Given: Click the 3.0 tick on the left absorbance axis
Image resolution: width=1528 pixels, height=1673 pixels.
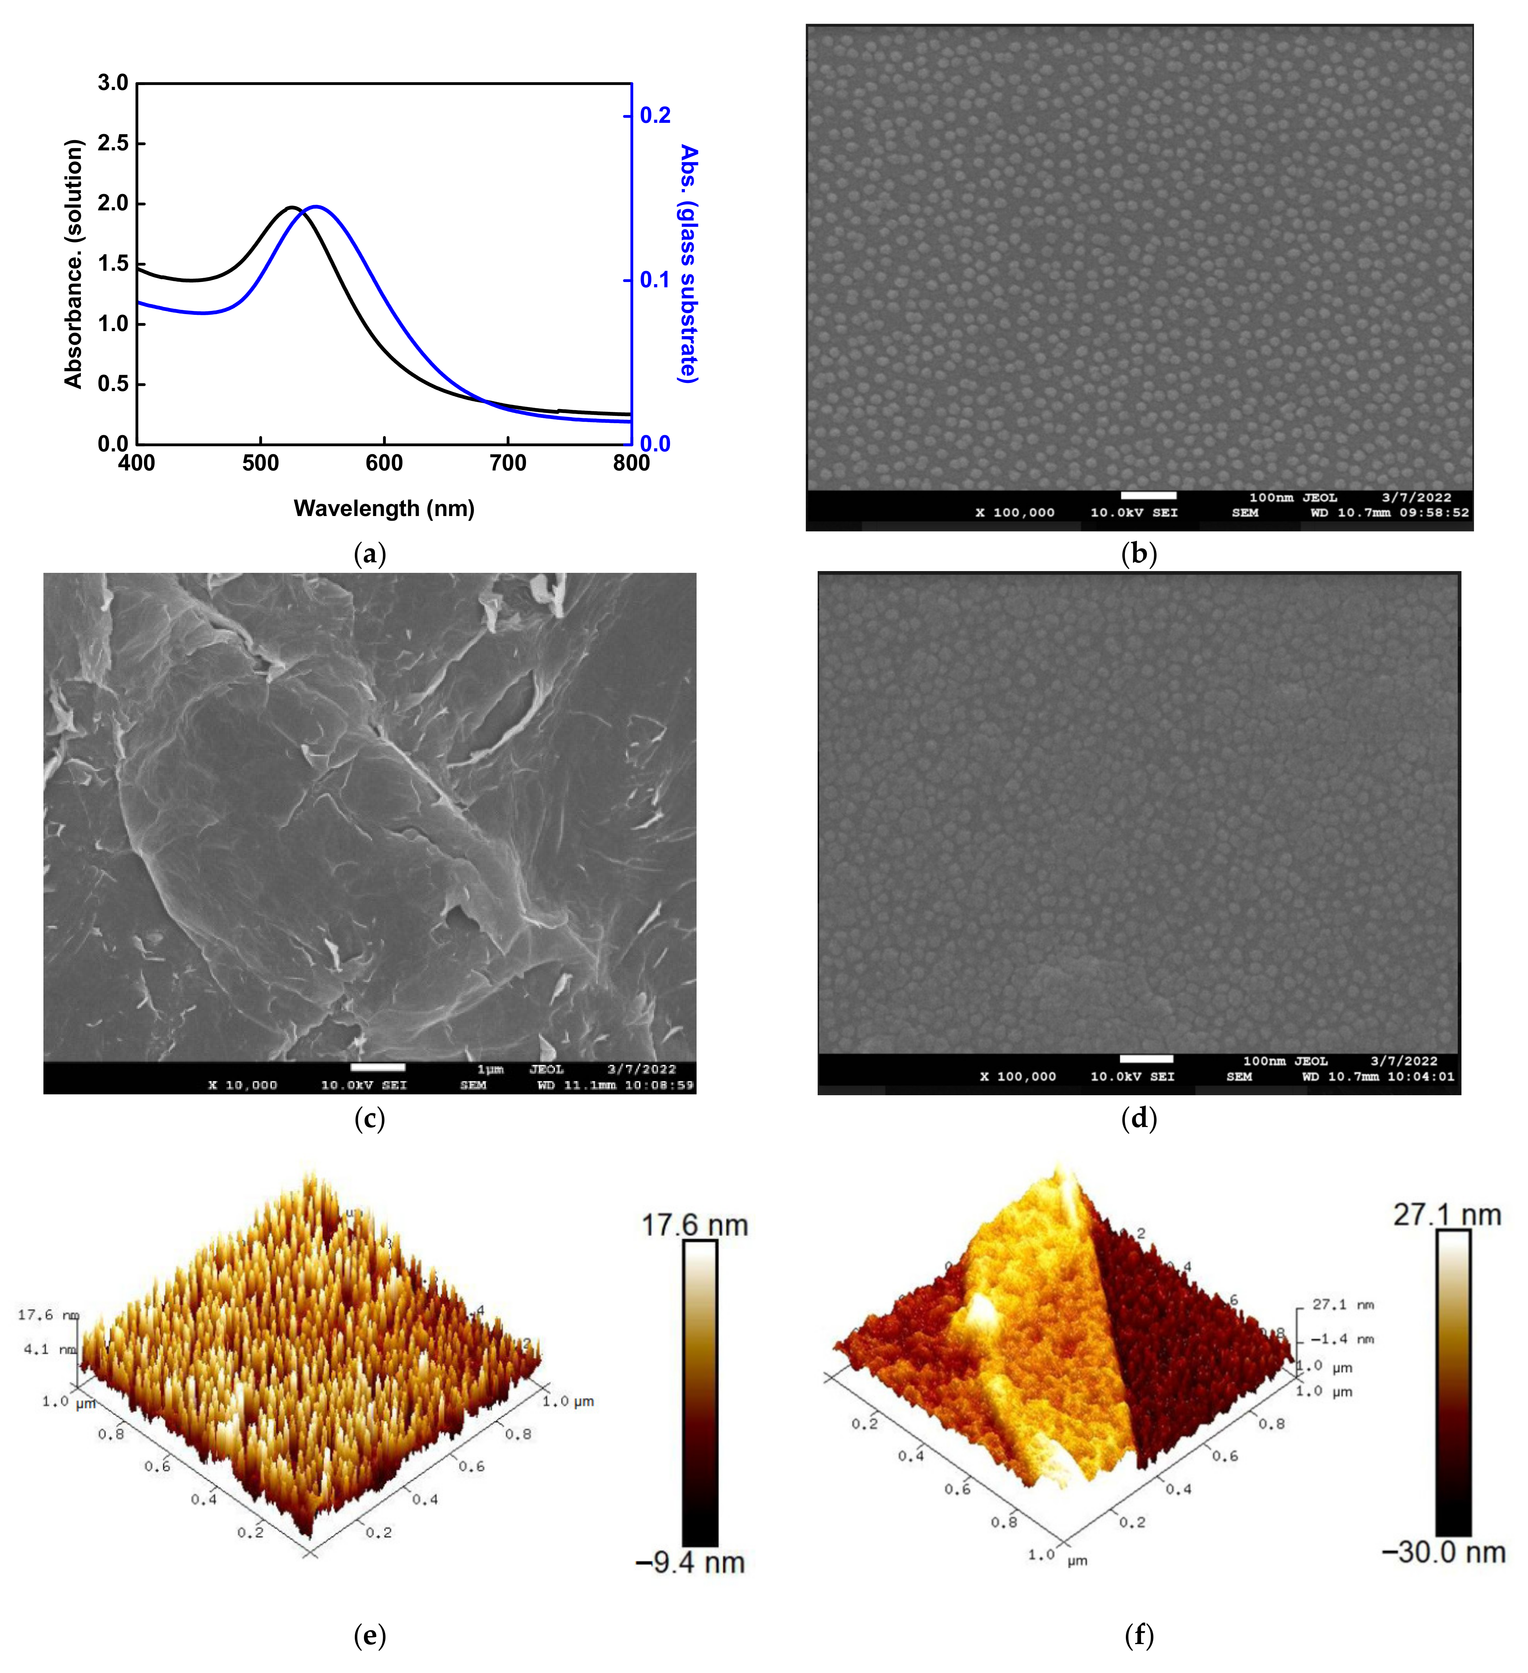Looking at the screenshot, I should (x=113, y=83).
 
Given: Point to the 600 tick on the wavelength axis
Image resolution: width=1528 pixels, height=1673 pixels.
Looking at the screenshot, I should (x=384, y=463).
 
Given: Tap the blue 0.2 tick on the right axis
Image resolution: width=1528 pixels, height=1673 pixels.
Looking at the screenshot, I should (x=655, y=115).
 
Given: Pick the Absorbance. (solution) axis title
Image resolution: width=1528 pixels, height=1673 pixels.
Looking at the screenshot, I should (x=74, y=264).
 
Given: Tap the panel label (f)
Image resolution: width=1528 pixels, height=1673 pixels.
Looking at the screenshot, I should (x=1139, y=1636).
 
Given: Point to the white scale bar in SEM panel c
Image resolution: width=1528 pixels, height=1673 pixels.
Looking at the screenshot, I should (x=378, y=1067).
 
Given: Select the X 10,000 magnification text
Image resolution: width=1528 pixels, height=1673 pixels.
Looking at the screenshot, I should (x=242, y=1085).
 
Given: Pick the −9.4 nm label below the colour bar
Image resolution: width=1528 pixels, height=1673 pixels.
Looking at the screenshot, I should (x=691, y=1563).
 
